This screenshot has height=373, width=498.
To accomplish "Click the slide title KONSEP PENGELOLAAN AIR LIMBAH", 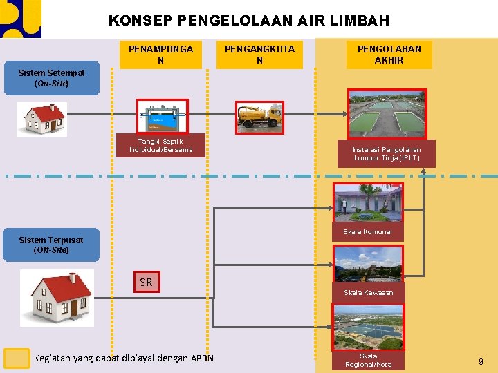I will (x=248, y=21).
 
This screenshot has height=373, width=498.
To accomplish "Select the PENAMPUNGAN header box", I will (x=160, y=55).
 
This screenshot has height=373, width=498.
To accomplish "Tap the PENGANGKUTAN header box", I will (x=259, y=55).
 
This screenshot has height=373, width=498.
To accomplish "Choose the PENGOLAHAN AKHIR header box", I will (x=389, y=55).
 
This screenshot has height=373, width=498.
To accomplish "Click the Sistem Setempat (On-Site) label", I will (x=51, y=78).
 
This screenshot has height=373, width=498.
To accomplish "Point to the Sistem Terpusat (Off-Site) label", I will (x=51, y=245).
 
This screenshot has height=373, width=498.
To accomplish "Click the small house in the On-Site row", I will (x=42, y=119).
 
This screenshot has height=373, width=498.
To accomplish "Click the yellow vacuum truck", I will (x=259, y=115).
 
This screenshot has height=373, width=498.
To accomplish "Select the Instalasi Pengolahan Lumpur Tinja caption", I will (x=387, y=153).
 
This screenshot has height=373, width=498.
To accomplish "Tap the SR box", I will (x=146, y=282).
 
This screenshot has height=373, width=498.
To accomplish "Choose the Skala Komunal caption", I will (x=367, y=232).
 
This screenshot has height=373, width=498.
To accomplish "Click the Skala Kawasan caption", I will (x=368, y=292).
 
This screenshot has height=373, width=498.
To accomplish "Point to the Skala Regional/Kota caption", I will (x=368, y=360).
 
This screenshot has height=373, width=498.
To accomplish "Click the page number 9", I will (x=481, y=361).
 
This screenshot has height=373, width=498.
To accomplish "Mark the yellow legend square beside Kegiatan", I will (x=17, y=358).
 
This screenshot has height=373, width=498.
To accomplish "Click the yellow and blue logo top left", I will (x=20, y=19).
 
